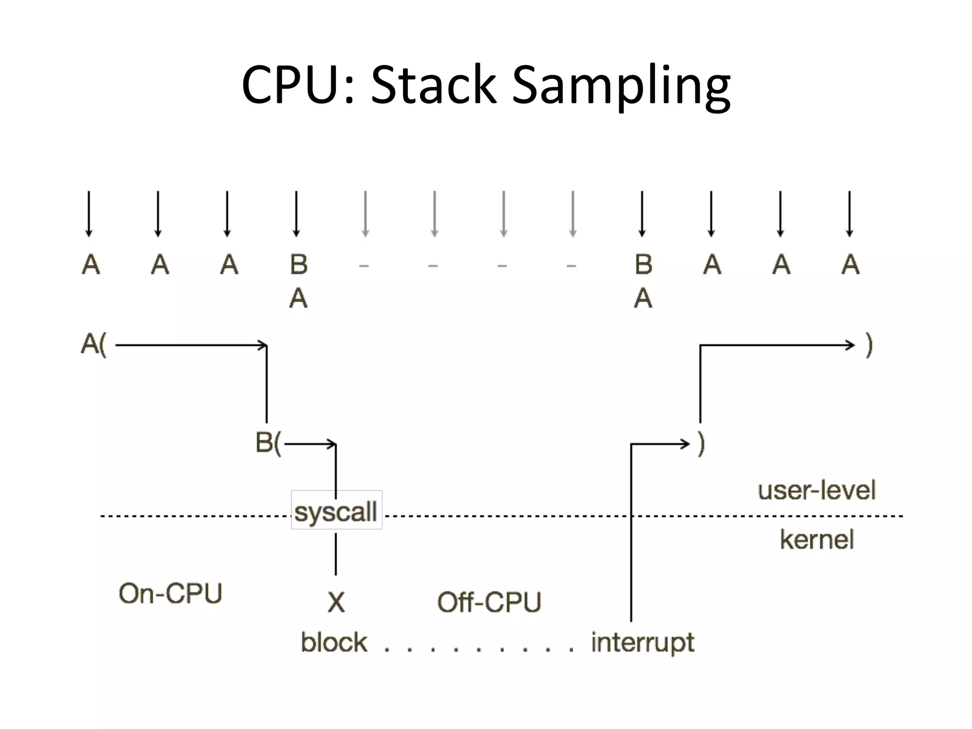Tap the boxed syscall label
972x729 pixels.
pyautogui.click(x=336, y=511)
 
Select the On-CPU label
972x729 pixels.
pyautogui.click(x=170, y=593)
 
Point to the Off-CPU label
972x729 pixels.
pyautogui.click(x=489, y=602)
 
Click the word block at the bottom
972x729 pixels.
pyautogui.click(x=334, y=642)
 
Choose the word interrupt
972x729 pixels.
pyautogui.click(x=643, y=643)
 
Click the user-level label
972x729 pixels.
pyautogui.click(x=816, y=490)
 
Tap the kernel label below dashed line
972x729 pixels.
pyautogui.click(x=816, y=540)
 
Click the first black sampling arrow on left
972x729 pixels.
pyautogui.click(x=89, y=214)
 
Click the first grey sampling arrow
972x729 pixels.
pyautogui.click(x=365, y=214)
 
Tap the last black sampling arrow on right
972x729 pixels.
pyautogui.click(x=850, y=214)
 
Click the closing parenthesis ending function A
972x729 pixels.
pyautogui.click(x=869, y=345)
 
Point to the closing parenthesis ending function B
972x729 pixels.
pyautogui.click(x=701, y=444)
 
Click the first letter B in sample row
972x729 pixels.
pyautogui.click(x=299, y=264)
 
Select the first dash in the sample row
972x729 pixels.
pyautogui.click(x=364, y=266)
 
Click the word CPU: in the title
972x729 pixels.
pyautogui.click(x=298, y=85)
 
